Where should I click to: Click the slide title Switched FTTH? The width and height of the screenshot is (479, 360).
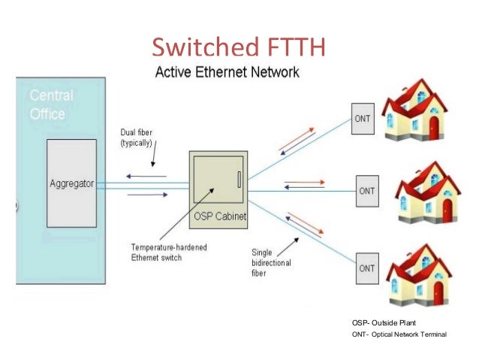coord(239,47)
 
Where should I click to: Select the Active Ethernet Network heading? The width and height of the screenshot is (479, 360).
coord(227,73)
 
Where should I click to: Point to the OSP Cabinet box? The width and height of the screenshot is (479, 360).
coord(218,180)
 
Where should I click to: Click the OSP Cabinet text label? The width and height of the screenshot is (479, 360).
coord(218,218)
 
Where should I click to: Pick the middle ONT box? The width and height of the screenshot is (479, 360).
coord(366,191)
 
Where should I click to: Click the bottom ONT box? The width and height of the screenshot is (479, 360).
coord(366,268)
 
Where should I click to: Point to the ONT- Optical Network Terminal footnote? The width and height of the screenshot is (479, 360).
coord(399,335)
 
